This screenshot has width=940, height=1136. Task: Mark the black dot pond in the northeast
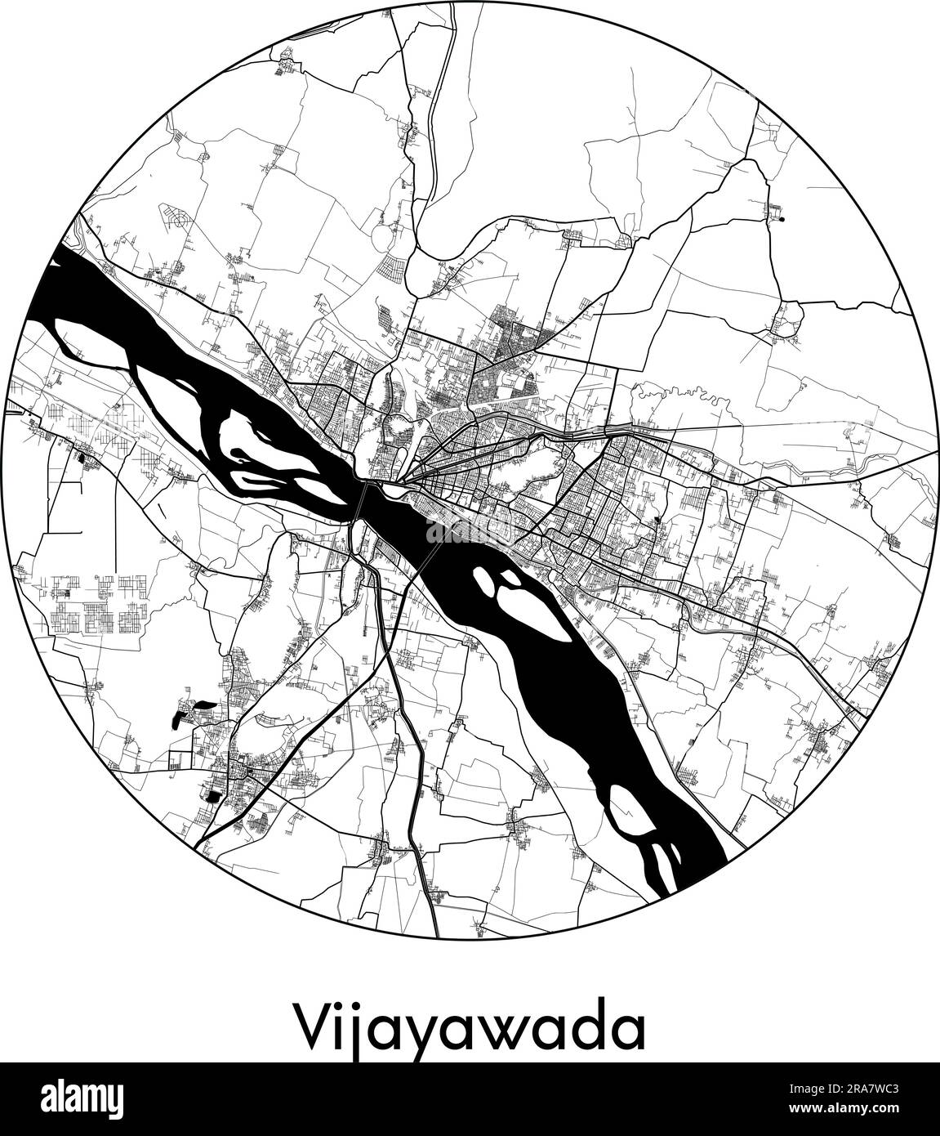(782, 219)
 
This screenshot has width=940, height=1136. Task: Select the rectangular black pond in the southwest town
(213, 796)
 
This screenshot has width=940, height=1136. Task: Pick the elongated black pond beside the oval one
(176, 718)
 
